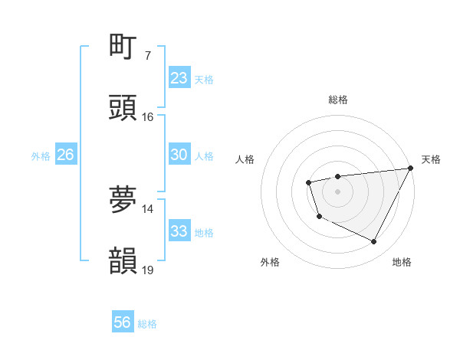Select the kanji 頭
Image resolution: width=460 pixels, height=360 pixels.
coord(123,108)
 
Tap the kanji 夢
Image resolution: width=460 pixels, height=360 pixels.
coord(123,199)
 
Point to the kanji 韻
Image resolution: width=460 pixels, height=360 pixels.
coord(123,260)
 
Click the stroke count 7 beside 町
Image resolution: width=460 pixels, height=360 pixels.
coord(147,56)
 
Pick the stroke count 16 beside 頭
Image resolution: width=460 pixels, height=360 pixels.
coord(147,117)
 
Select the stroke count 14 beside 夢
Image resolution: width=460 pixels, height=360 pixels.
coord(147,208)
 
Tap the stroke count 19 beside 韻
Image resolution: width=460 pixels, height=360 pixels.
coord(147,270)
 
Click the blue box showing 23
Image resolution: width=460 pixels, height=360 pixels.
coord(179,78)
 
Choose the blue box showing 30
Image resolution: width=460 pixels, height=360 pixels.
coord(179,155)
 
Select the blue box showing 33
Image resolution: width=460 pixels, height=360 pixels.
coord(179,231)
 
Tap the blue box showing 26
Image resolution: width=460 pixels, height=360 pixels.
coord(66,155)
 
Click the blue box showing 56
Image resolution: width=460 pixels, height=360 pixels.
coord(123,323)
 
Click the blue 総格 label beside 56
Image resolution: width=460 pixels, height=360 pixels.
coord(147,324)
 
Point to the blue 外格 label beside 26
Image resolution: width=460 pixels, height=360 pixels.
coord(41,155)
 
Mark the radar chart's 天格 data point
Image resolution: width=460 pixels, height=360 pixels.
coord(411,169)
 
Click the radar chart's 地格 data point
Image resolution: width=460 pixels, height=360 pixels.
coord(374,242)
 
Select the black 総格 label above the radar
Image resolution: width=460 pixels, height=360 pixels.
coord(337,100)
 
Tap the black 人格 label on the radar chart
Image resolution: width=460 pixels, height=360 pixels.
coord(245,159)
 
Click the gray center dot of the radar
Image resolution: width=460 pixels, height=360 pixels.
coord(337,191)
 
